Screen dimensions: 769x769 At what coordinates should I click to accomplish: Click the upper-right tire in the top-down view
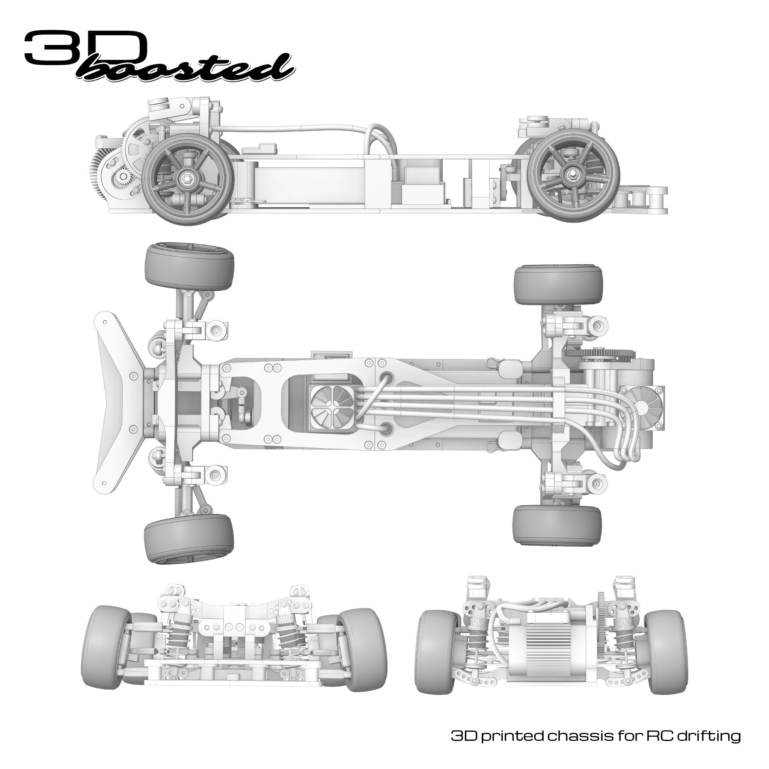click(558, 285)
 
